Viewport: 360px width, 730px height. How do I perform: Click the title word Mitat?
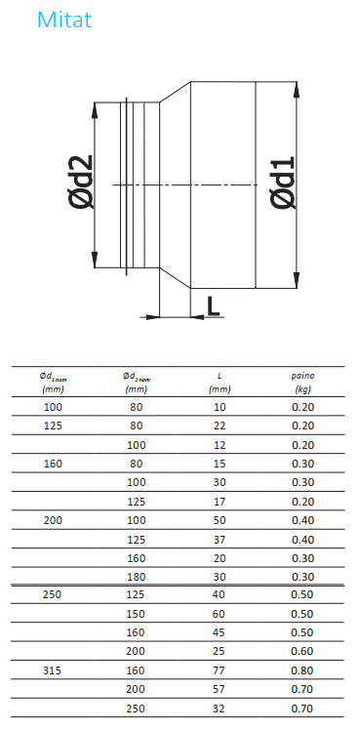click(x=64, y=20)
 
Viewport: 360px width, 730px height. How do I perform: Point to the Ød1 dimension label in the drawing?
click(x=283, y=182)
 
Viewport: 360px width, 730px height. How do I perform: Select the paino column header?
click(x=302, y=383)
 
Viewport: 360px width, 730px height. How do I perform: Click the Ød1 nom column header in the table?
click(x=53, y=383)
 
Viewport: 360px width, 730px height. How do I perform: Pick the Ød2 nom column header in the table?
click(x=137, y=383)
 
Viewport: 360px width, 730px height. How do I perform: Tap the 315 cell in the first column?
click(x=53, y=670)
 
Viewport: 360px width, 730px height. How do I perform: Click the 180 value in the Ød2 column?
click(x=137, y=577)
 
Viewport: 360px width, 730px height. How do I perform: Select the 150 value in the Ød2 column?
click(x=137, y=614)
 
